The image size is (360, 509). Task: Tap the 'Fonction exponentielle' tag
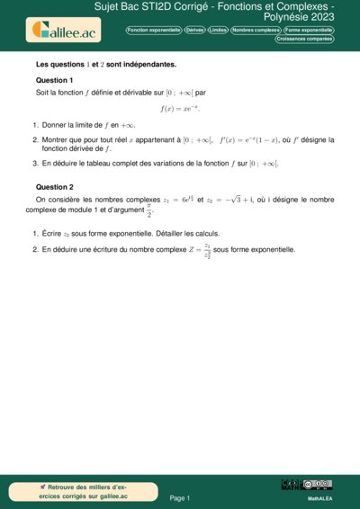pyautogui.click(x=154, y=30)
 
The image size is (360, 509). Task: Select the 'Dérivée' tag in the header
pyautogui.click(x=194, y=30)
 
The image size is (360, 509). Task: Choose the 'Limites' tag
pyautogui.click(x=218, y=30)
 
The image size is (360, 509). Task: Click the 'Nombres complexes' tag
pyautogui.click(x=255, y=30)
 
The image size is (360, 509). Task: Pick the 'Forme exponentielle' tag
pyautogui.click(x=308, y=30)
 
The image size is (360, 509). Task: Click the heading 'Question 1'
pyautogui.click(x=54, y=80)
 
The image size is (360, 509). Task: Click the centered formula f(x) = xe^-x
pyautogui.click(x=181, y=108)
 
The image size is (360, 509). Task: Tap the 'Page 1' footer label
pyautogui.click(x=180, y=496)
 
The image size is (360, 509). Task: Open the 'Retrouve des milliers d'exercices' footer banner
pyautogui.click(x=85, y=490)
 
